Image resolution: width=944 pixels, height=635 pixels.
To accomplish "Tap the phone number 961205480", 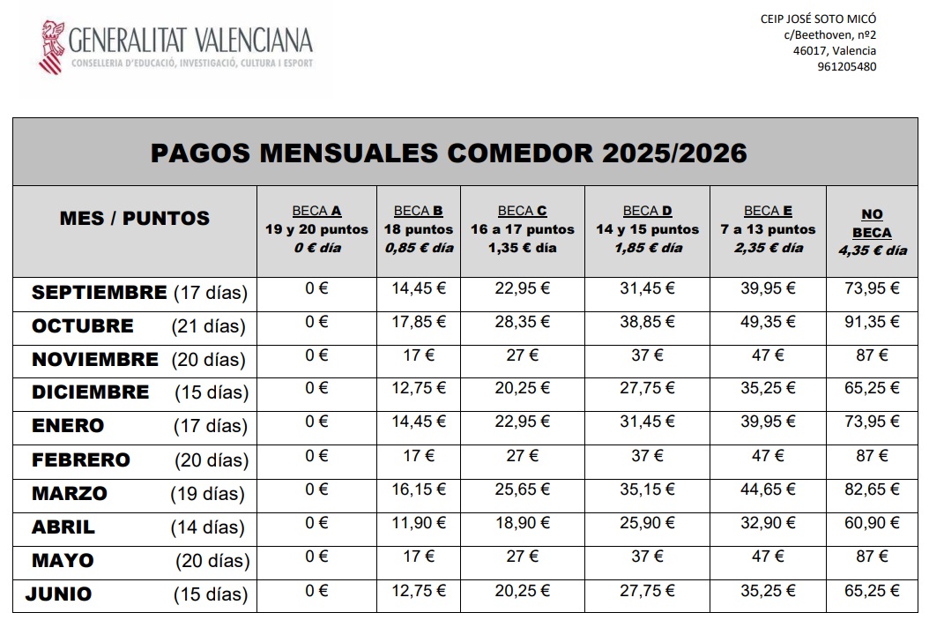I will (846, 66).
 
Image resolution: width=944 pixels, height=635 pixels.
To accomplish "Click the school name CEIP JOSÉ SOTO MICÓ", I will (819, 19).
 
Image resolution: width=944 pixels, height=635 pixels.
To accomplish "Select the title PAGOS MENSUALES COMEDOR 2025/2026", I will (449, 153).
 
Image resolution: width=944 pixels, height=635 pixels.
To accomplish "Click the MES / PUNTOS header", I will (135, 218).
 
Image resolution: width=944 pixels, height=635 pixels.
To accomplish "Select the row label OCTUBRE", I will (83, 326).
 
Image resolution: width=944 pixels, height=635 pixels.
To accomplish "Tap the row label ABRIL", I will (63, 527).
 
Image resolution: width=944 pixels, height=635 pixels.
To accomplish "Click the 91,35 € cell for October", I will (872, 322).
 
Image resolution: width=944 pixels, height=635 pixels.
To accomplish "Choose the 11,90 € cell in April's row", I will (418, 523).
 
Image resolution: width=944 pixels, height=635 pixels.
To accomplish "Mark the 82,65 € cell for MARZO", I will (872, 489).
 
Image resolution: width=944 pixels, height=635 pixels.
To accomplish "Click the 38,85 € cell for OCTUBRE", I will (647, 322).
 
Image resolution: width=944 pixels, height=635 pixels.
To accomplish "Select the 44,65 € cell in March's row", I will (768, 489).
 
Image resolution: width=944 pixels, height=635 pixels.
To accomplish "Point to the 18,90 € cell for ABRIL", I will (522, 523).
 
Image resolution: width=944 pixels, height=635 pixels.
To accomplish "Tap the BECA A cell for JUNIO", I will (316, 590).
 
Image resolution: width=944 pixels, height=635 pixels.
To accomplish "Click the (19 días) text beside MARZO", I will (208, 494).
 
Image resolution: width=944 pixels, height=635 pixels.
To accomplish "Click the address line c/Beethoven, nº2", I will (829, 35).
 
